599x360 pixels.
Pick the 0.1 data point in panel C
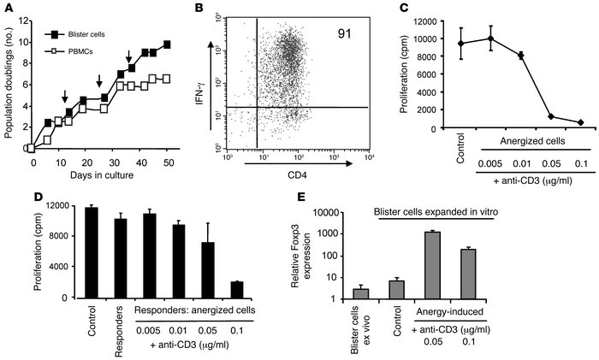(580, 122)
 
